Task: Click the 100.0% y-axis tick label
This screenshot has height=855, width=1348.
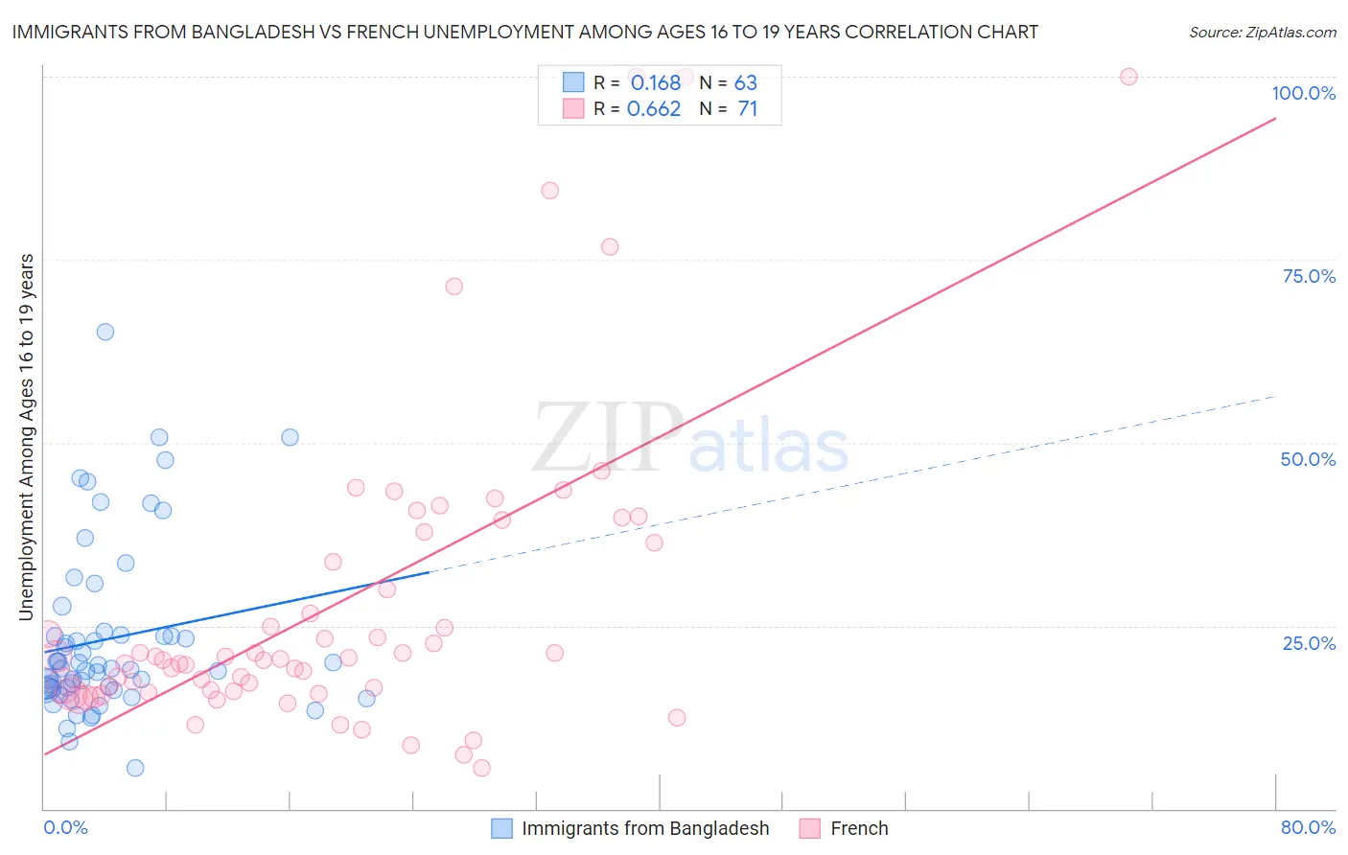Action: click(x=1303, y=93)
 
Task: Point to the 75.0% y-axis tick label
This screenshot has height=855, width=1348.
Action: click(x=1309, y=276)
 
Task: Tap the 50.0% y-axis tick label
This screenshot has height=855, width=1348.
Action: click(x=1308, y=459)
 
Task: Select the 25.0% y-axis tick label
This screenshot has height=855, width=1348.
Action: click(x=1309, y=642)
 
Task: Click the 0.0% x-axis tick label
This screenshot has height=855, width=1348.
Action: click(x=65, y=827)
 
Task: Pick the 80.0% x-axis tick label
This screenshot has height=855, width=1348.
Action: click(x=1308, y=827)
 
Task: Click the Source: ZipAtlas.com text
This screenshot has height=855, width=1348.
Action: click(x=1262, y=33)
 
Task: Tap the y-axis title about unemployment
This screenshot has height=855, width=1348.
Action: click(x=27, y=436)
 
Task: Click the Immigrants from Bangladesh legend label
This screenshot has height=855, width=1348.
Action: click(x=645, y=828)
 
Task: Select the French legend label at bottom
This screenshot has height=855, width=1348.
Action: click(x=859, y=828)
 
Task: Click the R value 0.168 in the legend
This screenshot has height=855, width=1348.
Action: click(x=655, y=83)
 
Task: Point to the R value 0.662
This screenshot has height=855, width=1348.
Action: click(x=654, y=109)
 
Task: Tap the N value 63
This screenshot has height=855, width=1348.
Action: click(x=746, y=83)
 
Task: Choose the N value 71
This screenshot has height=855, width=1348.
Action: click(x=748, y=109)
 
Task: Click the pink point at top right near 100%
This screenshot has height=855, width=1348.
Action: click(x=1128, y=77)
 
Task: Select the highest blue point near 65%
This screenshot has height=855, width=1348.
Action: click(x=105, y=332)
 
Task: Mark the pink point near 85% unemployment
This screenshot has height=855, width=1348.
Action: click(x=549, y=191)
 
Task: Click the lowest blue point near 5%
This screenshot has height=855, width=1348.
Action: click(x=135, y=768)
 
